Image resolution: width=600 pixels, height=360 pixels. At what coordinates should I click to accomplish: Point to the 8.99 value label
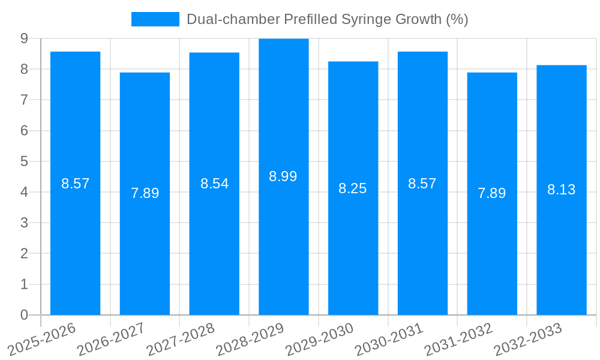[x=283, y=176]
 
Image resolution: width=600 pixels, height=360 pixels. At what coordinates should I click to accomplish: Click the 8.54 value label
[x=214, y=184]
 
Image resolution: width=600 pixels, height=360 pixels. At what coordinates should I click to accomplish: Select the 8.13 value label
[x=561, y=190]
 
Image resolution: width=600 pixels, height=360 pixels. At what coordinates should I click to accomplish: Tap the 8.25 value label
[x=353, y=188]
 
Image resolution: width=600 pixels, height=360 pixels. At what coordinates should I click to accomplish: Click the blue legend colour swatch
[x=155, y=19]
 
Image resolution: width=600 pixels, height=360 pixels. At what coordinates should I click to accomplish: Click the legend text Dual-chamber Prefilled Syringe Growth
[x=327, y=19]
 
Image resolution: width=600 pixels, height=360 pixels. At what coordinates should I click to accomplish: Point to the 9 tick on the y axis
[x=24, y=38]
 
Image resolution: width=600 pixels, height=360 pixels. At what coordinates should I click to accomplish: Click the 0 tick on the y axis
[x=24, y=315]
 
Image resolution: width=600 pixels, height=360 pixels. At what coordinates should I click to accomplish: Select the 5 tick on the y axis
[x=24, y=161]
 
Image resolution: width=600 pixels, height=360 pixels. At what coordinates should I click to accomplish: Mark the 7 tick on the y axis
[x=24, y=100]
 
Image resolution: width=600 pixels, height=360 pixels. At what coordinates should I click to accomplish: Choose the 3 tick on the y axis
[x=24, y=223]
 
